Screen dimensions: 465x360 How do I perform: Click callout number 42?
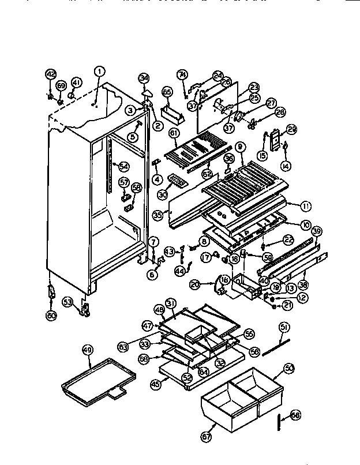50,73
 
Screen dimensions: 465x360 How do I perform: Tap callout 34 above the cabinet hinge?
144,78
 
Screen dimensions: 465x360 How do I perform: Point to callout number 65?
167,92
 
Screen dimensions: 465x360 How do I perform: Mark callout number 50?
289,367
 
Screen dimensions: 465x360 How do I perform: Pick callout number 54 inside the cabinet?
123,167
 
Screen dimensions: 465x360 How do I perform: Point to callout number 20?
194,284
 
